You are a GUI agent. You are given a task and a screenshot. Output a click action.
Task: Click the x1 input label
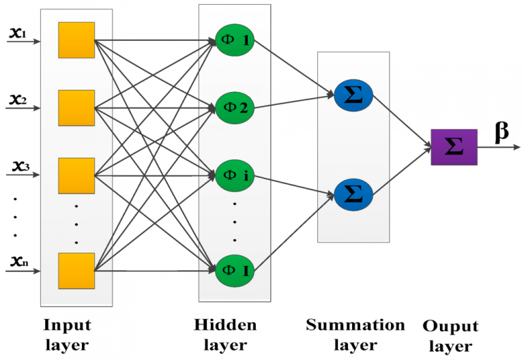(16, 32)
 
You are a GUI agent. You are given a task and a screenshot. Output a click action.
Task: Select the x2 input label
(17, 100)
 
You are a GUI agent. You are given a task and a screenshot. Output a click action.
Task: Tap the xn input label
(17, 261)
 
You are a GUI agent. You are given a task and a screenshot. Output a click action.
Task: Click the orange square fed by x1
(76, 40)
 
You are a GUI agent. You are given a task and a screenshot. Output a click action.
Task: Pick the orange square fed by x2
(76, 108)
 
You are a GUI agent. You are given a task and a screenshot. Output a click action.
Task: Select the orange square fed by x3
(76, 175)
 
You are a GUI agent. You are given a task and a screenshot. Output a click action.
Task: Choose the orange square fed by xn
(76, 271)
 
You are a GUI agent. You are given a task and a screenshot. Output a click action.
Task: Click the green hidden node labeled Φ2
(235, 108)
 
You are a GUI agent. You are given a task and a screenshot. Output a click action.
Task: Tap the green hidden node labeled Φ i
(235, 175)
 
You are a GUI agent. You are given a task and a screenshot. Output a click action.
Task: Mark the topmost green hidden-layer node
(235, 40)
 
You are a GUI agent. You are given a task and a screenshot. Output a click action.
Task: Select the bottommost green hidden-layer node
(235, 271)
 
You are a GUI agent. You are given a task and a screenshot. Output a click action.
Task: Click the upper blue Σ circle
(353, 97)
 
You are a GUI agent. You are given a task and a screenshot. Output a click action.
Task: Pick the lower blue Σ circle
(353, 195)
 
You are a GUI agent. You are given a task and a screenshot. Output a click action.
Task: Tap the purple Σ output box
(454, 147)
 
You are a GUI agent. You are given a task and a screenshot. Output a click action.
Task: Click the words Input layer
(66, 334)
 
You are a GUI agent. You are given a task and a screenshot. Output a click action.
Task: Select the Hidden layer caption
(225, 334)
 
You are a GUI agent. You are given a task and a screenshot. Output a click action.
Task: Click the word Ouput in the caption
(450, 327)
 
